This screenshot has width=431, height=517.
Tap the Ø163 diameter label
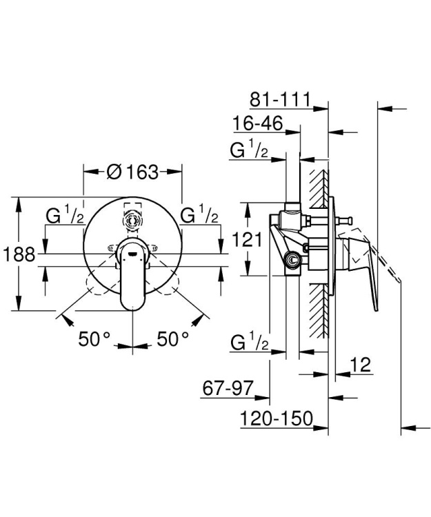pyautogui.click(x=133, y=172)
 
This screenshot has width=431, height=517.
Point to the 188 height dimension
pyautogui.click(x=19, y=255)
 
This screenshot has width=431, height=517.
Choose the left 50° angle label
pyautogui.click(x=94, y=338)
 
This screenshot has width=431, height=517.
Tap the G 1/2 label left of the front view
pyautogui.click(x=64, y=216)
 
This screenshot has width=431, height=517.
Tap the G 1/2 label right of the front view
pyautogui.click(x=199, y=216)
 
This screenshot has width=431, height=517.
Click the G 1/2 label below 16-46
pyautogui.click(x=249, y=151)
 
